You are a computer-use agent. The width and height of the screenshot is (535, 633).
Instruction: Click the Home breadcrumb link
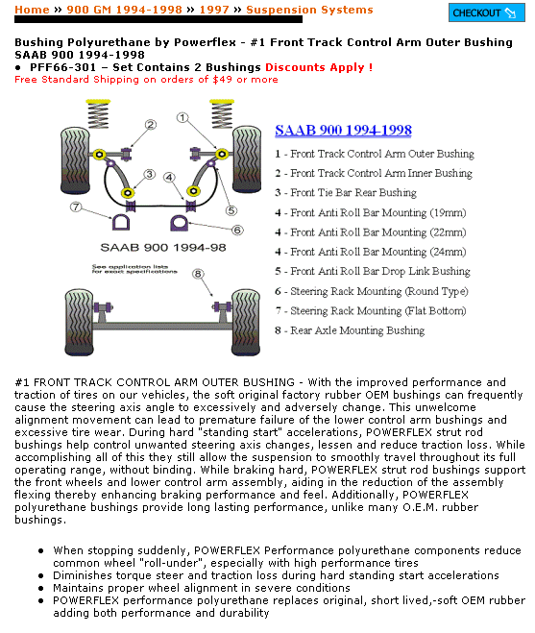tap(32, 10)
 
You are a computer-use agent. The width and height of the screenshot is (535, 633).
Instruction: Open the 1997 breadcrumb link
tap(215, 10)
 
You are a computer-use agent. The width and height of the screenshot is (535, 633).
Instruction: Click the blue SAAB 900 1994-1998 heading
tap(343, 131)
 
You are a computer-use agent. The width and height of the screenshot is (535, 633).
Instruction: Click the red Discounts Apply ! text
tap(319, 67)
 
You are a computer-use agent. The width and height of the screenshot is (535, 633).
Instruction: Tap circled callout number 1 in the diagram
tap(182, 117)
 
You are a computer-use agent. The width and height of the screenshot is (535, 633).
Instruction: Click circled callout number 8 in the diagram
tap(198, 274)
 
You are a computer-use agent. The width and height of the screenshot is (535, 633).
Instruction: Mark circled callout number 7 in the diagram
tap(76, 207)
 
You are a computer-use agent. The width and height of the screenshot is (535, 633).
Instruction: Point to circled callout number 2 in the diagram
tap(151, 125)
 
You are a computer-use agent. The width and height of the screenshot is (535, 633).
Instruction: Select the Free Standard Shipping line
tap(146, 80)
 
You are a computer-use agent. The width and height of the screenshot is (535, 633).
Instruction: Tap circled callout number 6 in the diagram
tap(236, 230)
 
